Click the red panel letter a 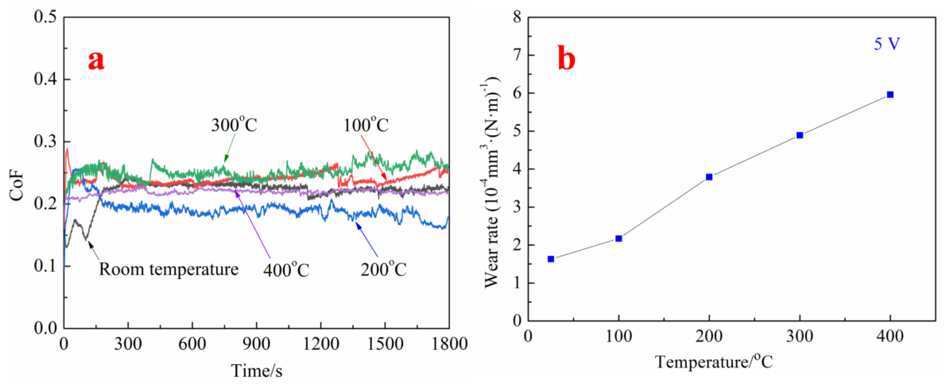96,61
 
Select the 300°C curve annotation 234,125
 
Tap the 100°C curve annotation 366,125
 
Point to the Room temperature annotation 169,269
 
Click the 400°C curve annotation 286,270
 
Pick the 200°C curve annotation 383,270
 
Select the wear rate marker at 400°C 890,95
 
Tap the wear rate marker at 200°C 709,177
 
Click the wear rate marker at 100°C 619,238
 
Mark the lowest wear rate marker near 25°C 551,259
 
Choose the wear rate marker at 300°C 799,135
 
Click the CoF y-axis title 17,188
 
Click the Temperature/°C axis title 714,362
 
